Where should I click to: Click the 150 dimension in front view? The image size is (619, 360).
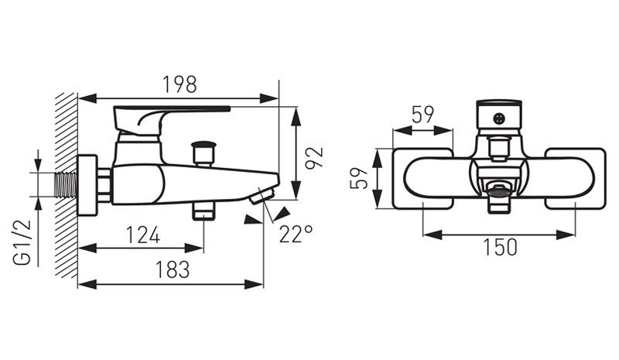tap(500, 248)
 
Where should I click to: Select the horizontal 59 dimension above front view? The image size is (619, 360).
tap(422, 116)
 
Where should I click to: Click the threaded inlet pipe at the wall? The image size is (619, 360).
tap(68, 184)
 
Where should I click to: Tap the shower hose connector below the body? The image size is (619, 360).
tap(203, 211)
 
